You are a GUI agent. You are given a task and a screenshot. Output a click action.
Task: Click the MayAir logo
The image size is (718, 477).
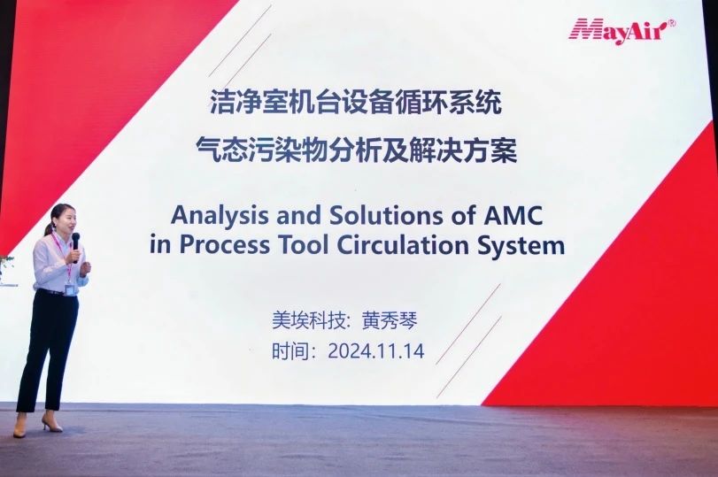coord(621,30)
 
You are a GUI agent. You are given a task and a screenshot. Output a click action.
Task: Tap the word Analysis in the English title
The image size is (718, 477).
coord(220,216)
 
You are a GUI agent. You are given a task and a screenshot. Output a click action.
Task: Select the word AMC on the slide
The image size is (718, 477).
coord(513,215)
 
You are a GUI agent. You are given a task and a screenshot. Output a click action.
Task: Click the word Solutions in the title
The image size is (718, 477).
coord(385,215)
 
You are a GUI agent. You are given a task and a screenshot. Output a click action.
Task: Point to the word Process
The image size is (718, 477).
coord(224,245)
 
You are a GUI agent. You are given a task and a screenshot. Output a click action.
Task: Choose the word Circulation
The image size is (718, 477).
coord(404,245)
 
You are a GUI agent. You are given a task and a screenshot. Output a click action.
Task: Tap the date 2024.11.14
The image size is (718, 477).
coord(376,351)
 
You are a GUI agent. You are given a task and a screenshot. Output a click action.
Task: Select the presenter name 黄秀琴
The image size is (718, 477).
coord(390,320)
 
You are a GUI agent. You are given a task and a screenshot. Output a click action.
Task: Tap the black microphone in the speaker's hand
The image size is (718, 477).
coord(75,245)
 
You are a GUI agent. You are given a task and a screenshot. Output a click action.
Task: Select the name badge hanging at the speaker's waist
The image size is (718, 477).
coord(70,289)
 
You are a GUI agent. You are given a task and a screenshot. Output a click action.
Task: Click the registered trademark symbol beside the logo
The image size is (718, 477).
coord(672,23)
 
